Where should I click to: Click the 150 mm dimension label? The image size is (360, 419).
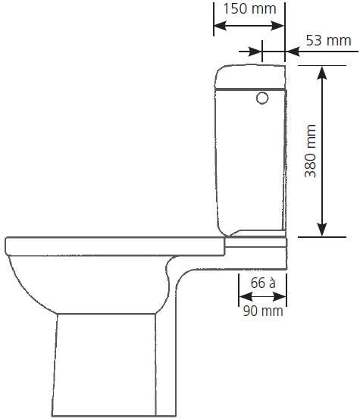pyautogui.click(x=249, y=8)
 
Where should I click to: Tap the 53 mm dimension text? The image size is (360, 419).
pyautogui.click(x=328, y=41)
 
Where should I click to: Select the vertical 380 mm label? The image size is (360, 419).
pyautogui.click(x=311, y=151)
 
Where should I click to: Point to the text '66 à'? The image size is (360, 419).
pyautogui.click(x=263, y=283)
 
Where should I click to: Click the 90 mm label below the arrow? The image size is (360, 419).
pyautogui.click(x=263, y=311)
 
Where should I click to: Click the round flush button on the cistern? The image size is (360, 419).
pyautogui.click(x=262, y=98)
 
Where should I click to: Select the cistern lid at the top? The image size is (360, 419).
pyautogui.click(x=250, y=77)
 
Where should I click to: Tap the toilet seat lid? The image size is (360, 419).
pyautogui.click(x=115, y=246)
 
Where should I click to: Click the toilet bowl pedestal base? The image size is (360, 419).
pyautogui.click(x=104, y=364)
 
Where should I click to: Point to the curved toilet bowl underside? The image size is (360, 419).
pyautogui.click(x=32, y=289)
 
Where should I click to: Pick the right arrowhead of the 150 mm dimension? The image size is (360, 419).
pyautogui.click(x=277, y=26)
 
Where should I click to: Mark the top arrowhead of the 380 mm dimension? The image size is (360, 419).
pyautogui.click(x=323, y=73)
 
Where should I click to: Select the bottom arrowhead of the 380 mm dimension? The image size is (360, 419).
pyautogui.click(x=323, y=230)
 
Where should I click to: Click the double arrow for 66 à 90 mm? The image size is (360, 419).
pyautogui.click(x=262, y=296)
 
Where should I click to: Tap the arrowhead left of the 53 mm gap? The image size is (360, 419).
pyautogui.click(x=255, y=51)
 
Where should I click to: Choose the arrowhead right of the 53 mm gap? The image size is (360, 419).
pyautogui.click(x=293, y=51)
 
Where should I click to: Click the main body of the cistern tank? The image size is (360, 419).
pyautogui.click(x=250, y=161)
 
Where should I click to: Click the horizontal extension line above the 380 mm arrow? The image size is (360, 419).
pyautogui.click(x=322, y=65)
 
